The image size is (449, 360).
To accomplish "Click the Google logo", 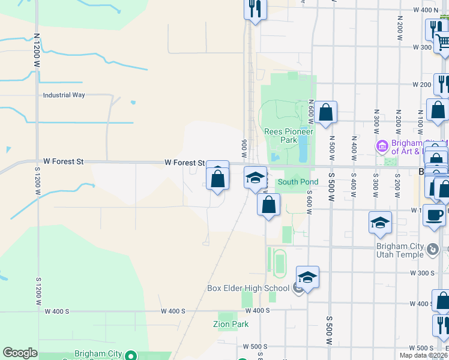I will [20, 353].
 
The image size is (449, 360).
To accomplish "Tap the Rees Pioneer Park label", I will [289, 136].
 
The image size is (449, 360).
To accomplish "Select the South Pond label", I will [298, 182].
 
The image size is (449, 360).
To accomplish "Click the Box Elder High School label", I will [249, 288].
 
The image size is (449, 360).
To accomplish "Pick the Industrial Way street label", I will [64, 95].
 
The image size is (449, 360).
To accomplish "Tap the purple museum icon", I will [382, 146].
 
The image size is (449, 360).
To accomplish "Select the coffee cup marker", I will [434, 215].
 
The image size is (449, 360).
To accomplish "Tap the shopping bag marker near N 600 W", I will [325, 112].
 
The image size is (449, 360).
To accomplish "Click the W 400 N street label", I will [426, 10].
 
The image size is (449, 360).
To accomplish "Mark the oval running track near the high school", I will [279, 263].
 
